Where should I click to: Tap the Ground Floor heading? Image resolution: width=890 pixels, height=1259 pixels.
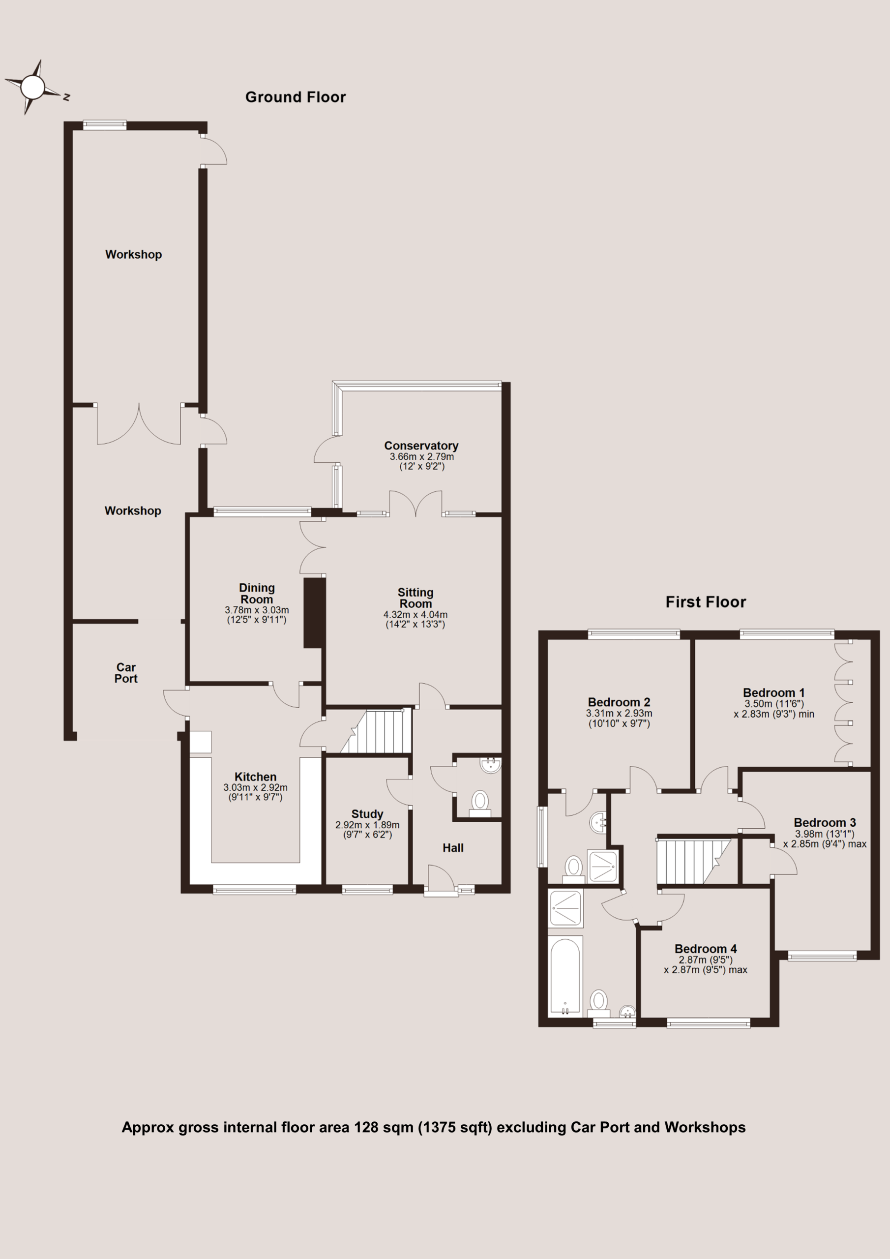296,97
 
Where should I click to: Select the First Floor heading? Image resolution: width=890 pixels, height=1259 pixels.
706,602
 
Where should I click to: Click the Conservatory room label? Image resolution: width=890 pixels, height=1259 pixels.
421,446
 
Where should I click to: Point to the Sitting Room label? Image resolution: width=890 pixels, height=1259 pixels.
415,598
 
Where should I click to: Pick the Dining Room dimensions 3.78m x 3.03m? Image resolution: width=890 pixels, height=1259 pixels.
257,610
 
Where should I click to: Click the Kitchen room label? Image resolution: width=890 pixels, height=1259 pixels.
256,777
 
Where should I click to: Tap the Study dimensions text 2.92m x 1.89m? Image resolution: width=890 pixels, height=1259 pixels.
367,825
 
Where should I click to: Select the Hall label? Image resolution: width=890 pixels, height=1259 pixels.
453,848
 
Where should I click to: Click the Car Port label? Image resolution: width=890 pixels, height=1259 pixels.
126,673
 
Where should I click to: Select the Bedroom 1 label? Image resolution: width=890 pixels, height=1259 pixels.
774,692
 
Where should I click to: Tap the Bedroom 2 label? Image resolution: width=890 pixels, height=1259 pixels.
619,702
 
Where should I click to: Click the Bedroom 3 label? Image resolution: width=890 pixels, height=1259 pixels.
825,822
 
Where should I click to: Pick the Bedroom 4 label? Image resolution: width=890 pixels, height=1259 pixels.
706,949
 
